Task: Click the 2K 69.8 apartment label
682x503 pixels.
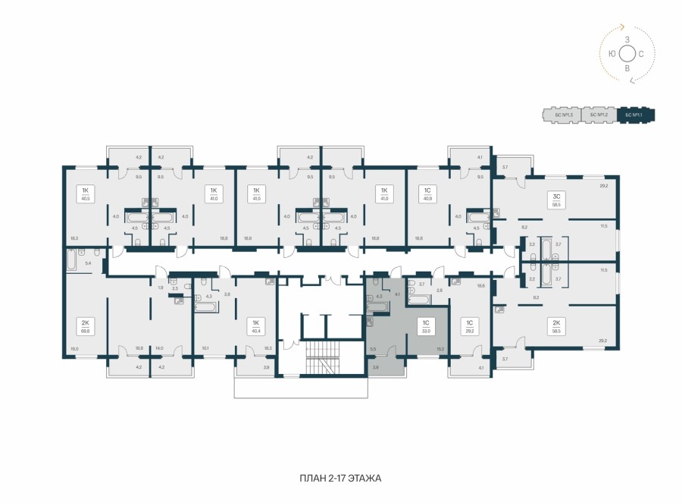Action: (x=84, y=325)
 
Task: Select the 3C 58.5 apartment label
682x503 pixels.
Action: (x=555, y=200)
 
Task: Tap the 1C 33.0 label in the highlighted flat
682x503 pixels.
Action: (x=426, y=325)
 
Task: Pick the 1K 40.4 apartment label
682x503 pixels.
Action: (x=256, y=325)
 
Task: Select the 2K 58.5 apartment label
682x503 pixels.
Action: (x=555, y=327)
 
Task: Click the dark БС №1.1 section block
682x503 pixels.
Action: (x=636, y=115)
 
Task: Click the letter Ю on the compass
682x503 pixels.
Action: (x=612, y=53)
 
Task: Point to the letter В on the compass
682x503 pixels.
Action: (x=627, y=68)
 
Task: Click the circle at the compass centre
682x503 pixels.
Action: (x=627, y=53)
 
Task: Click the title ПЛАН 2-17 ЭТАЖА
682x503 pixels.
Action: (x=340, y=478)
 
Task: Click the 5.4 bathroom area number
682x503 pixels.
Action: (x=87, y=263)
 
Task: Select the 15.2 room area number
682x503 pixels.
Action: (x=440, y=348)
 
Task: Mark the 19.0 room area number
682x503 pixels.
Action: (x=74, y=348)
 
